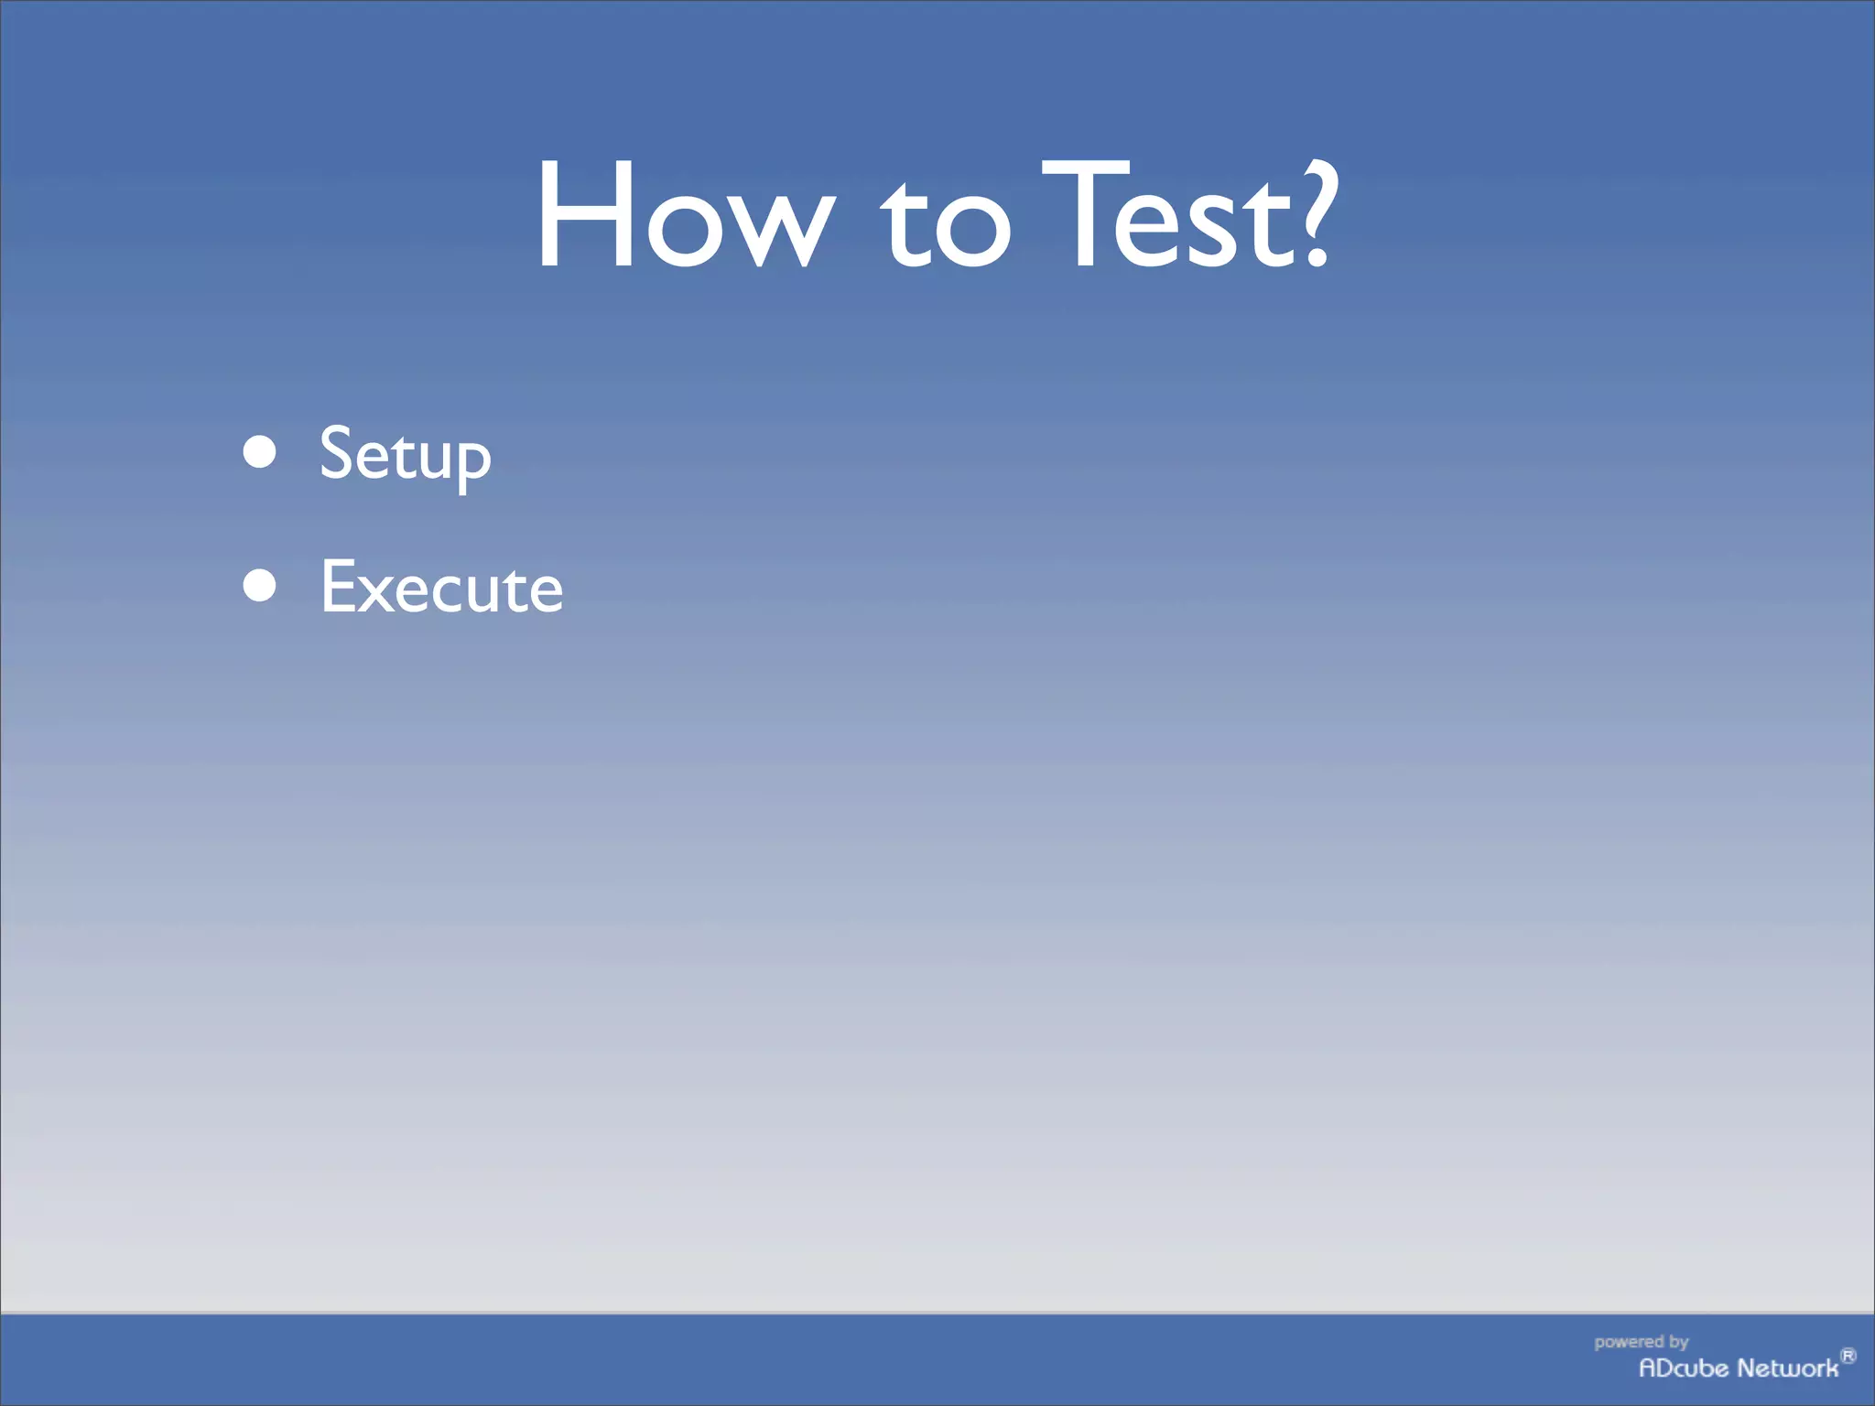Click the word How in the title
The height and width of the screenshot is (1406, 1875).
[x=685, y=216]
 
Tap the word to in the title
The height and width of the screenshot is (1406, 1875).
[x=946, y=224]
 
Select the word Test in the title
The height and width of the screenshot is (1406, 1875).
[x=1165, y=216]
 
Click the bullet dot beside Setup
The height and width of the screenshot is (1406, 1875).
[x=260, y=451]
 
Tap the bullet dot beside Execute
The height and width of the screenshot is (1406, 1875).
[x=260, y=586]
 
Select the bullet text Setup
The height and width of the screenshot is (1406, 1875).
[x=405, y=455]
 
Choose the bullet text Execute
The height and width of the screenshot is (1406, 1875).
[x=441, y=587]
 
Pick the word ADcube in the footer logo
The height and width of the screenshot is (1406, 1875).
[x=1683, y=1368]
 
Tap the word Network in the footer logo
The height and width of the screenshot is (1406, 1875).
[x=1788, y=1368]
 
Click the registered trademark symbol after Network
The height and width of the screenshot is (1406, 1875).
[x=1848, y=1356]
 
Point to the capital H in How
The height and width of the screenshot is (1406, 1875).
[x=586, y=216]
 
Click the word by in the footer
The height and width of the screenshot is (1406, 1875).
[x=1678, y=1342]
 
